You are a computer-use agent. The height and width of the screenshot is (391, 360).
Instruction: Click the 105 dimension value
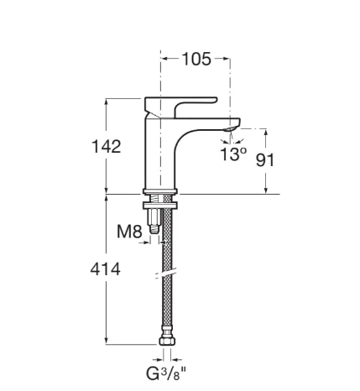pos(196,59)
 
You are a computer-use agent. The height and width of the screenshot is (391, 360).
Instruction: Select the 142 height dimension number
pos(107,147)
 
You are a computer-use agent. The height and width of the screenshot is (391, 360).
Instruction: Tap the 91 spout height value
pos(265,160)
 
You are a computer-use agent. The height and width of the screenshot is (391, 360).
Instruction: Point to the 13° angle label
pos(233,154)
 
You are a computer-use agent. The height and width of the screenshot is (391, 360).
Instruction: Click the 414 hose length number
pos(106,269)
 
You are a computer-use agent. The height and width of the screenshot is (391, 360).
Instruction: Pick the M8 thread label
pos(129,232)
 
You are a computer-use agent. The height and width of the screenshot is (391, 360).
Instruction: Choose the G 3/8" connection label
pos(166,373)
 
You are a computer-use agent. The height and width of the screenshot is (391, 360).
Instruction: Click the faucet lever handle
pos(180,107)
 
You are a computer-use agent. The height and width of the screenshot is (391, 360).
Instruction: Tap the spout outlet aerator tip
pos(231,128)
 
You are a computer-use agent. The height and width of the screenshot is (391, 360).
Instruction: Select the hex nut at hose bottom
pos(167,341)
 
